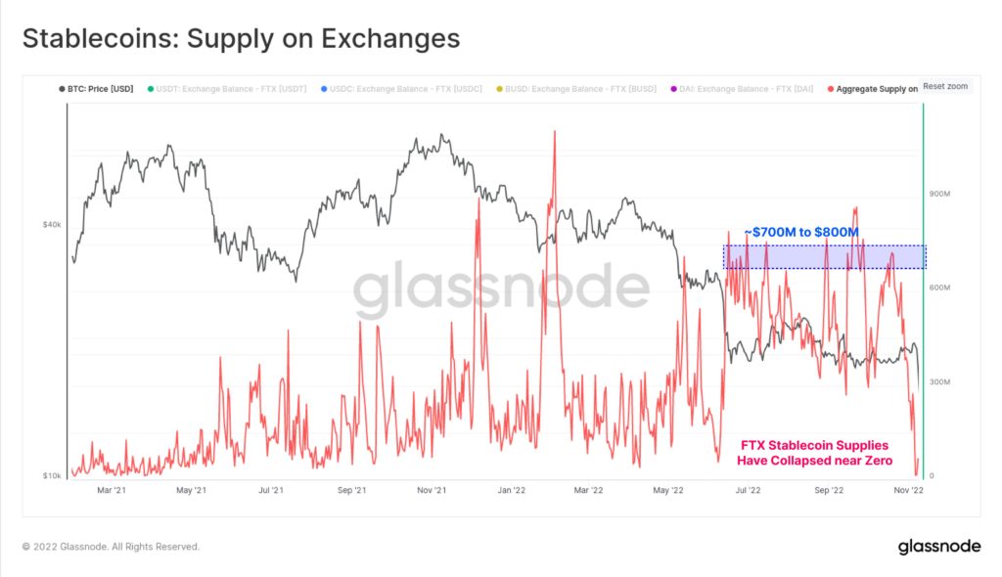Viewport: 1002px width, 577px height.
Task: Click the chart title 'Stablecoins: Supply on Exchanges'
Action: click(241, 38)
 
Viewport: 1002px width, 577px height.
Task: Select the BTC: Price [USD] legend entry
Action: click(96, 89)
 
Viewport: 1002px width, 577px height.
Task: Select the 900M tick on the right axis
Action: click(939, 194)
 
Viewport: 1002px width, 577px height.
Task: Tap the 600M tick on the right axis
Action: click(939, 288)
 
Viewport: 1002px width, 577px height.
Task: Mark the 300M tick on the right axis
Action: click(939, 381)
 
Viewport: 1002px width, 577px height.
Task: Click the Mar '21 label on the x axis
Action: click(111, 492)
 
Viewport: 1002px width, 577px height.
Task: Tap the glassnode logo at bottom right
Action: click(938, 547)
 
